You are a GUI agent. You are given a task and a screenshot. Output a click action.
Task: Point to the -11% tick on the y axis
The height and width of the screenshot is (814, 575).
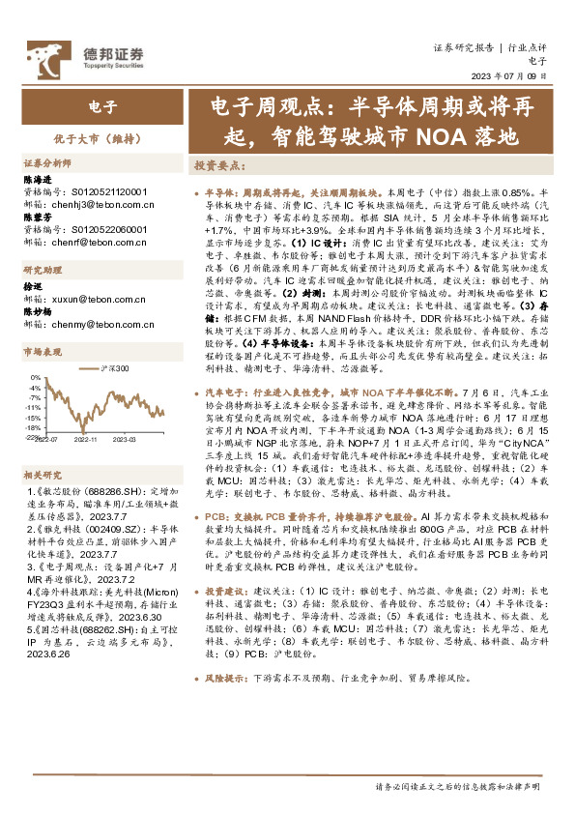(33, 407)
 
